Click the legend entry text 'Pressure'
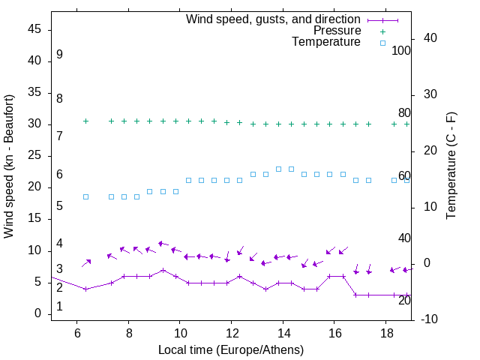pyautogui.click(x=337, y=31)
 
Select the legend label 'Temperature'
pyautogui.click(x=326, y=43)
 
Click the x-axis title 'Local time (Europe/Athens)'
pyautogui.click(x=231, y=350)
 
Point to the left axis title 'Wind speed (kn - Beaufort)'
pyautogui.click(x=9, y=166)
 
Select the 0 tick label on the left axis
pyautogui.click(x=37, y=314)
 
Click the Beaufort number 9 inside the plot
pyautogui.click(x=59, y=55)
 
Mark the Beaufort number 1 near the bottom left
pyautogui.click(x=59, y=307)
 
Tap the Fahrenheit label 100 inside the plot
pyautogui.click(x=401, y=51)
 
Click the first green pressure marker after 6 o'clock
pyautogui.click(x=85, y=121)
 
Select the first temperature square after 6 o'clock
pyautogui.click(x=85, y=196)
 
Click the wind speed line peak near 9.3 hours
pyautogui.click(x=163, y=270)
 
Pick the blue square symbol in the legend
pyautogui.click(x=382, y=43)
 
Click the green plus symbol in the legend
pyautogui.click(x=382, y=31)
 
